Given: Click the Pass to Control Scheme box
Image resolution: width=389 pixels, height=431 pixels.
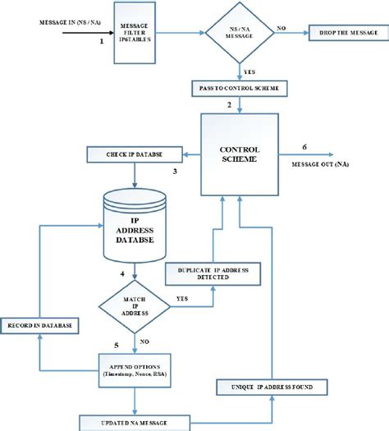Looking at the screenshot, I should [238, 86].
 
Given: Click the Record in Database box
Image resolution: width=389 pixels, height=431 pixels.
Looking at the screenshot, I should [39, 327].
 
